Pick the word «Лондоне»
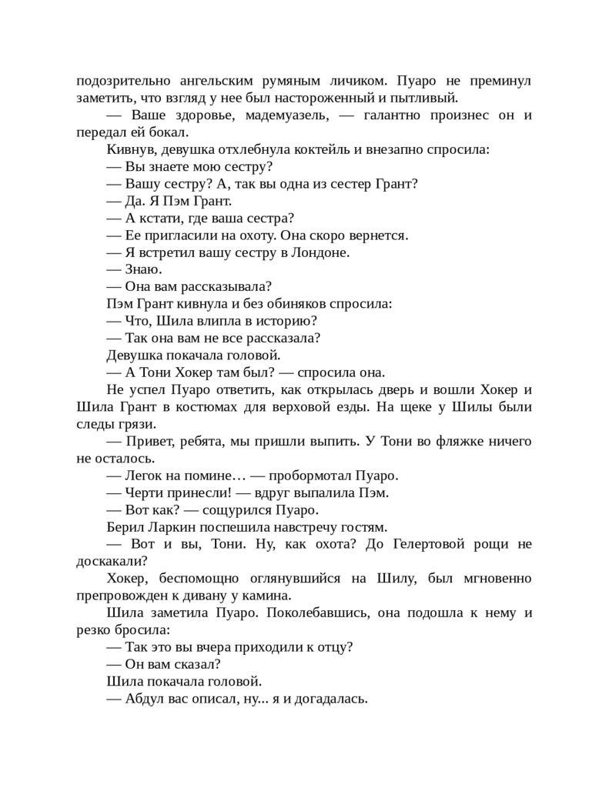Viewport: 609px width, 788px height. point(326,252)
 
